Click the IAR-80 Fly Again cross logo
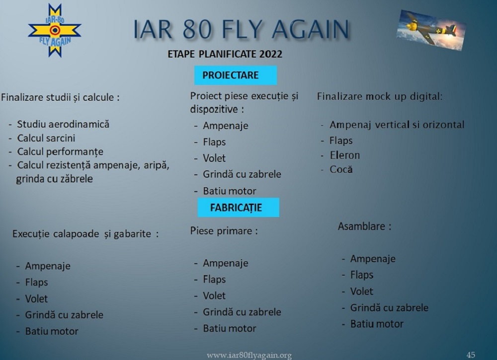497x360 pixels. [x=55, y=30]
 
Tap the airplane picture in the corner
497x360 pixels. [x=431, y=30]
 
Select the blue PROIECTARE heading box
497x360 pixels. [x=236, y=75]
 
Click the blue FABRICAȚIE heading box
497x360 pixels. [x=239, y=208]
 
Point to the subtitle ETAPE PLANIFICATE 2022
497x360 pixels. [x=225, y=54]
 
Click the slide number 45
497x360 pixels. [x=471, y=355]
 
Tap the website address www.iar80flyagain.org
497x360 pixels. [x=249, y=355]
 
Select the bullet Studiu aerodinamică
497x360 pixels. [x=63, y=124]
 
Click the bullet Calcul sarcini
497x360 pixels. [x=46, y=138]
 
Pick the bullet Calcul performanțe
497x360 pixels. [x=60, y=151]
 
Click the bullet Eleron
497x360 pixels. [x=345, y=155]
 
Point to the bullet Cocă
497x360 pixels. [x=341, y=169]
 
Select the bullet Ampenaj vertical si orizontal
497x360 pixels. [x=397, y=125]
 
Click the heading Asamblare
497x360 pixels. [x=364, y=226]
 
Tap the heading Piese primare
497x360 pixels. [x=224, y=231]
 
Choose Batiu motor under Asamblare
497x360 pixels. [x=377, y=324]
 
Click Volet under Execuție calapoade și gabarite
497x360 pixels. [x=36, y=298]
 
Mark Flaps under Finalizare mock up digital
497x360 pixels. [x=341, y=141]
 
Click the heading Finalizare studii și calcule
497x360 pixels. [x=60, y=97]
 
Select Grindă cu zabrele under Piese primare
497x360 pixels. [x=242, y=312]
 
